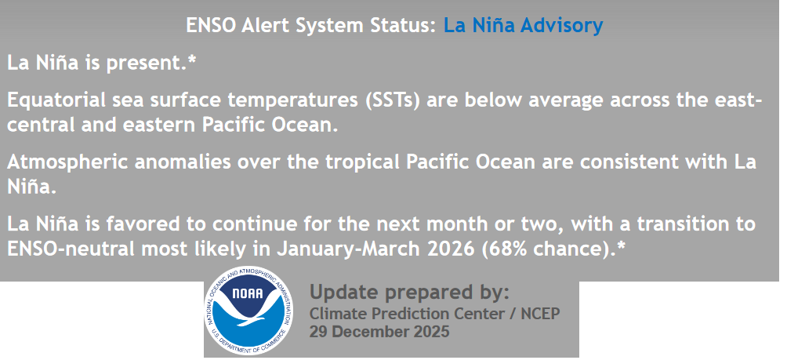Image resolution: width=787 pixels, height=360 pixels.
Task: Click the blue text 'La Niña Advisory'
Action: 523,25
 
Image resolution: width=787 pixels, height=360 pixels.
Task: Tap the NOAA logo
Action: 249,311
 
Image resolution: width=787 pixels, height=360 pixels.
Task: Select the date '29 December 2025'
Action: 379,332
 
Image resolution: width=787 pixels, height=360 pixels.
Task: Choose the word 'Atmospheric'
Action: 62,162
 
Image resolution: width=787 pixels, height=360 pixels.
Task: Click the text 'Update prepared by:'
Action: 409,292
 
